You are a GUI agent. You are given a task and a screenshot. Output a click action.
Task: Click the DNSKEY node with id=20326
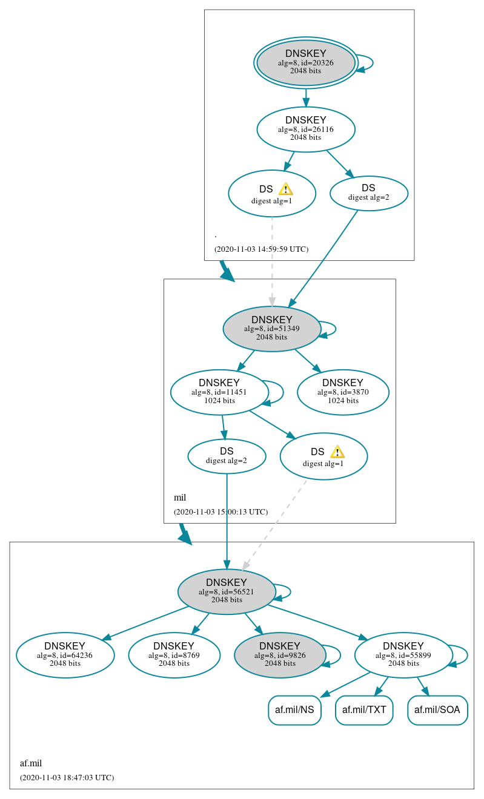click(x=306, y=63)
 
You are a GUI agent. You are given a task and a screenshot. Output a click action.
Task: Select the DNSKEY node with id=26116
click(x=306, y=130)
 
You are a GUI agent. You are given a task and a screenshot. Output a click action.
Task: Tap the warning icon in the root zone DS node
click(x=286, y=189)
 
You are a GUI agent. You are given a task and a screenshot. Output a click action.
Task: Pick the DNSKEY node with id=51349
click(x=272, y=329)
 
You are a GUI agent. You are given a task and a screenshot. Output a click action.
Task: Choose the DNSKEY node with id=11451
click(x=219, y=392)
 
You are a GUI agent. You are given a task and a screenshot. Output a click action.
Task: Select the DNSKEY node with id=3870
click(x=343, y=392)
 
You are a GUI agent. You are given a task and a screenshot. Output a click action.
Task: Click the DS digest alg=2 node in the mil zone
click(x=227, y=456)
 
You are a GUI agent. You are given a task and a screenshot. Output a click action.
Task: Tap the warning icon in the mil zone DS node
click(x=337, y=452)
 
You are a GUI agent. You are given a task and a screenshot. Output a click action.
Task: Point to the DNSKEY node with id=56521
click(x=227, y=592)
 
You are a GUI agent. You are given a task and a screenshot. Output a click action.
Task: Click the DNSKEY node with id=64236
click(x=65, y=656)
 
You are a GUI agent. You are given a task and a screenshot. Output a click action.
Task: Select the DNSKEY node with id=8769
click(x=174, y=656)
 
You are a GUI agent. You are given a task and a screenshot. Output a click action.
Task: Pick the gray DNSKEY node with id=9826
click(x=280, y=656)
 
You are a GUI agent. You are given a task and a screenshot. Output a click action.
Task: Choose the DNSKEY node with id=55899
click(x=403, y=656)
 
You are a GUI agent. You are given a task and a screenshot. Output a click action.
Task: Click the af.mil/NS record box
click(x=294, y=710)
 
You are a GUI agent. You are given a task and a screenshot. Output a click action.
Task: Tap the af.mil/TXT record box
click(x=364, y=710)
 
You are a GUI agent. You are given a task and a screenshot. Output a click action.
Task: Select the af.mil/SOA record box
click(x=437, y=710)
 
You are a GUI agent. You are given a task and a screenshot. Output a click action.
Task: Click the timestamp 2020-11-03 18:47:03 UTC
click(x=67, y=777)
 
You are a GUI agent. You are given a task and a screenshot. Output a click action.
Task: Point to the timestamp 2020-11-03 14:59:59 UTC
click(x=261, y=249)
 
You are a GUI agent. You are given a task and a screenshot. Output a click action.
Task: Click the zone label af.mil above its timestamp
click(x=31, y=763)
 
